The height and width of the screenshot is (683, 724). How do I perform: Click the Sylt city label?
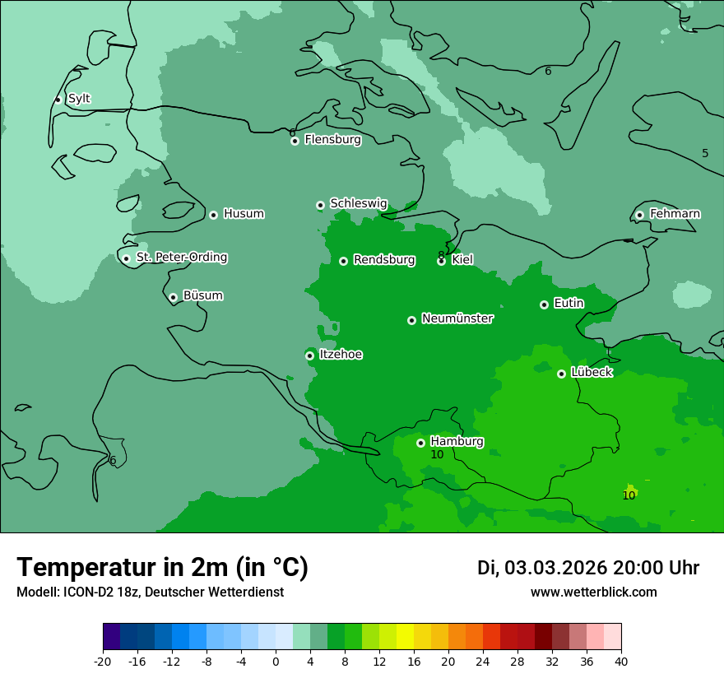point(79,99)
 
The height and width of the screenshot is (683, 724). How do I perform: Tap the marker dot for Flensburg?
point(295,141)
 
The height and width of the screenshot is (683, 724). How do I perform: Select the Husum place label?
point(244,214)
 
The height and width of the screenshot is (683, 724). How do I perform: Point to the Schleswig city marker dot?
point(320,205)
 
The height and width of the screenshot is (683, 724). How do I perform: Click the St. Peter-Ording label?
point(182,258)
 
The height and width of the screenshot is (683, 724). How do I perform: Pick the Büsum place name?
point(202,295)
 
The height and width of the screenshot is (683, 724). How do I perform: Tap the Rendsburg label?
point(384,260)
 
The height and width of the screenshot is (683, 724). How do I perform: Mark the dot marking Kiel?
point(441,261)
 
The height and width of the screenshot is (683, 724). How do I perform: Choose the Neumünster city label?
point(457,318)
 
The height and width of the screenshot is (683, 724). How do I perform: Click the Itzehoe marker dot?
point(309,355)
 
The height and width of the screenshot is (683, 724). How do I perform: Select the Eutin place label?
point(569,304)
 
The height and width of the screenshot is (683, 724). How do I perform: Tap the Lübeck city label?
point(592,373)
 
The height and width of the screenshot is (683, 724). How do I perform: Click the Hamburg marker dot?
point(420,443)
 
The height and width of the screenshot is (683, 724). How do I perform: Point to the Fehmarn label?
point(675,214)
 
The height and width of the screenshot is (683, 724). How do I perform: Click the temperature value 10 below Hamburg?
point(437,455)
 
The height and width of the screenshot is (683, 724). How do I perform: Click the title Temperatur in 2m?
point(162,568)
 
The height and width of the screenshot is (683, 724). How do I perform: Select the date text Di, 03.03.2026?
point(541,568)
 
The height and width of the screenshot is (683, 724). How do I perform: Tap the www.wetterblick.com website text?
point(593,592)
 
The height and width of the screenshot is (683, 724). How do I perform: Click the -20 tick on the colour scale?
point(103,661)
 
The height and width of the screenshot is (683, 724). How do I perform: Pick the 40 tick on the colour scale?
point(621,661)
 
